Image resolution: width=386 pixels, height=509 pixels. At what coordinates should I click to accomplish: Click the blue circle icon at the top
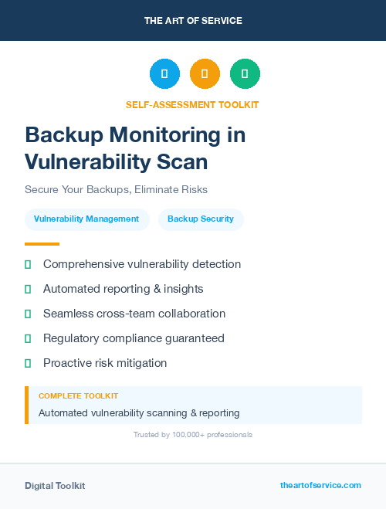pyautogui.click(x=164, y=74)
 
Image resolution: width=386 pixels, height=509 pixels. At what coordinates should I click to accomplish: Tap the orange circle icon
pyautogui.click(x=205, y=74)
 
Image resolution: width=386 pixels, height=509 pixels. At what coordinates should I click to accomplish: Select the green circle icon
pyautogui.click(x=245, y=74)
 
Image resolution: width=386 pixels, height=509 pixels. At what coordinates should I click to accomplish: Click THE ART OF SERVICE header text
pyautogui.click(x=193, y=21)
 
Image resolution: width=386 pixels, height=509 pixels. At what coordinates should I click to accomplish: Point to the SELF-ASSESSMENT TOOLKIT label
pyautogui.click(x=192, y=104)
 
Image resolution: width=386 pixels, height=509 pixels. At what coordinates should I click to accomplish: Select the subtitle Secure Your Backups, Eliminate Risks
pyautogui.click(x=116, y=189)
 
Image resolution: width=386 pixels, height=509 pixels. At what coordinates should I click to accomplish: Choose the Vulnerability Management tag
pyautogui.click(x=86, y=219)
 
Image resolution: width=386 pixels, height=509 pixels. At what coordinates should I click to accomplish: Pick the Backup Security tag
pyautogui.click(x=201, y=219)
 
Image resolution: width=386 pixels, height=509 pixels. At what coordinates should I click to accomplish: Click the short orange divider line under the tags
pyautogui.click(x=42, y=244)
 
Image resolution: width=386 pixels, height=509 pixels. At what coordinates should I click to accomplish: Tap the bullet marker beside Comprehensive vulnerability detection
pyautogui.click(x=28, y=264)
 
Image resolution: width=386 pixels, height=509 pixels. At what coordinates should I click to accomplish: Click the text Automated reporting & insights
pyautogui.click(x=123, y=289)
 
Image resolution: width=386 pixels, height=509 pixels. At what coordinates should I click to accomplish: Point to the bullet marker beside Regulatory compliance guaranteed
pyautogui.click(x=28, y=338)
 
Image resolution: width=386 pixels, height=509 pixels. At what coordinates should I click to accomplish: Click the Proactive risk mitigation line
pyautogui.click(x=105, y=363)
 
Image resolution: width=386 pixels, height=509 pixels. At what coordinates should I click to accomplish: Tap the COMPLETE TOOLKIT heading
pyautogui.click(x=78, y=395)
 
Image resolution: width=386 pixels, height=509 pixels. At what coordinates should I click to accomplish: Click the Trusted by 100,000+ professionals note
pyautogui.click(x=193, y=435)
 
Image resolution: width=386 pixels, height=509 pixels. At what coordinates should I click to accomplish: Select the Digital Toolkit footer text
pyautogui.click(x=55, y=486)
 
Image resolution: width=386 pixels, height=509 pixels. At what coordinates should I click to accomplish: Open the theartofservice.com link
pyautogui.click(x=320, y=485)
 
